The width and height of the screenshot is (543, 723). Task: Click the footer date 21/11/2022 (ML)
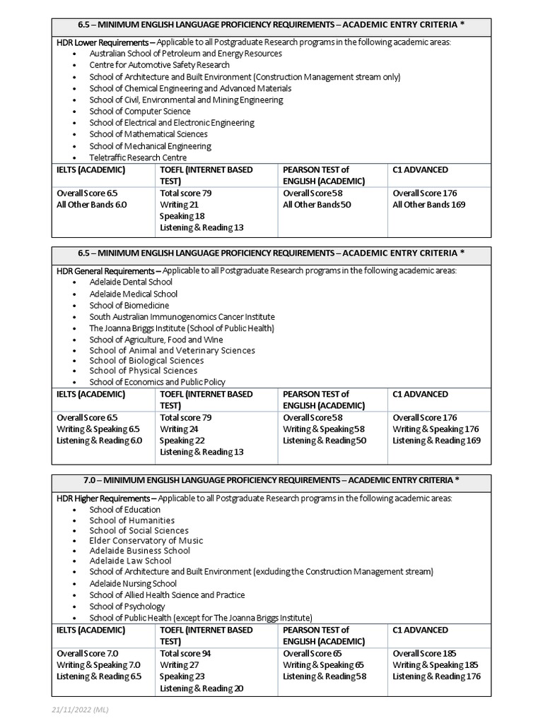pos(79,710)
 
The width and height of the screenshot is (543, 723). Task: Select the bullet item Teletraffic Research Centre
pos(138,157)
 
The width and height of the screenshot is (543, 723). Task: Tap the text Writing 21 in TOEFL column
pos(179,204)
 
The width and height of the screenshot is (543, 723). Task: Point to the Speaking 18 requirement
pos(182,215)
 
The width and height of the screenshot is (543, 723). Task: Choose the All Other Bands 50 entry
pos(317,204)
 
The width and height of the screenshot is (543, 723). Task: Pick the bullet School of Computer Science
pos(139,111)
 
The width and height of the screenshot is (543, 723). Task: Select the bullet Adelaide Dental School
pos(131,282)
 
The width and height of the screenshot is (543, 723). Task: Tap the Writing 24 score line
pos(179,429)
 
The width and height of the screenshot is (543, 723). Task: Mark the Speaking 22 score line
pos(182,440)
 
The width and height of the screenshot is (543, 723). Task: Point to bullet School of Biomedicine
pos(129,305)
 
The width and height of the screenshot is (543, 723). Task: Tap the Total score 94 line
pos(185,653)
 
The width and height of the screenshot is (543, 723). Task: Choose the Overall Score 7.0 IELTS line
pos(87,653)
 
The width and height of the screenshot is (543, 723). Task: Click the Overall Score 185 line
pos(424,653)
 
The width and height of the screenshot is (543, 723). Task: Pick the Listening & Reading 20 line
pos(202,688)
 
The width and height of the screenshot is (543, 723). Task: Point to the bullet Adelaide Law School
pos(130,561)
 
